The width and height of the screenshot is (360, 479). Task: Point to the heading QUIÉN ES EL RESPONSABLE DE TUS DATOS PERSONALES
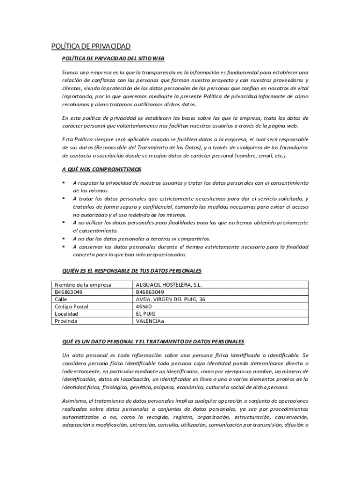(x=131, y=271)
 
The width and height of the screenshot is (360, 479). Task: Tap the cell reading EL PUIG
(x=146, y=314)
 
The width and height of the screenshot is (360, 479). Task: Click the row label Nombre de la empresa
(x=83, y=284)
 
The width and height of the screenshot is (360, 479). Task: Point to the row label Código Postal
(x=72, y=306)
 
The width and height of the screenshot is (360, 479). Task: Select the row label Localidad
(x=67, y=314)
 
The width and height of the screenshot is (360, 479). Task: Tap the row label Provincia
(x=66, y=321)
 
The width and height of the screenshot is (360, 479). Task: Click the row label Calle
(x=61, y=299)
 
